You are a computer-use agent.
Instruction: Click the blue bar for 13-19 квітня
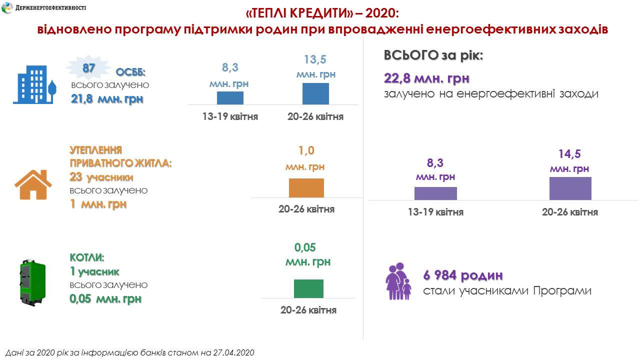pyautogui.click(x=230, y=98)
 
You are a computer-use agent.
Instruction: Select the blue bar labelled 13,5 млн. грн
pyautogui.click(x=315, y=93)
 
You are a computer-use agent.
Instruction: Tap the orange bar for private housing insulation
pyautogui.click(x=306, y=188)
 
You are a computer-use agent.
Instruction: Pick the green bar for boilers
pyautogui.click(x=308, y=288)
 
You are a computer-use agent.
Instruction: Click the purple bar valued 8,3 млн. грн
pyautogui.click(x=435, y=193)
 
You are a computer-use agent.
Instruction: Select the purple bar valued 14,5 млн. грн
pyautogui.click(x=570, y=188)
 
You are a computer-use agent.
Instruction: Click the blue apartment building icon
pyautogui.click(x=34, y=84)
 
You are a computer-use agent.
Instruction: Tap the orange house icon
pyautogui.click(x=33, y=184)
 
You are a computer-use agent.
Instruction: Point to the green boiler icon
pyautogui.click(x=32, y=282)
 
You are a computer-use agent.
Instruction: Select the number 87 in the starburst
pyautogui.click(x=89, y=68)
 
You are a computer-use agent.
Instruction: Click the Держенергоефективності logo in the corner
pyautogui.click(x=8, y=8)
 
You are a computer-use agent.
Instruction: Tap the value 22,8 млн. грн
pyautogui.click(x=426, y=78)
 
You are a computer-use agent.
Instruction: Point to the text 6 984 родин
pyautogui.click(x=462, y=275)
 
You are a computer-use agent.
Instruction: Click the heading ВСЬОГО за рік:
pyautogui.click(x=433, y=55)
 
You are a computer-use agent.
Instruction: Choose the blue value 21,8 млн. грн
pyautogui.click(x=107, y=99)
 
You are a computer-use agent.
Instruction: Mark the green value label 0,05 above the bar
pyautogui.click(x=305, y=247)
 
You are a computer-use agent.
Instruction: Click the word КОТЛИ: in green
pyautogui.click(x=87, y=258)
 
